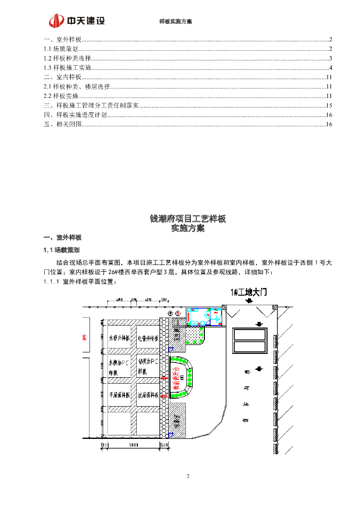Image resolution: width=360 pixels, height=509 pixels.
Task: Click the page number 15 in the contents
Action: click(x=329, y=105)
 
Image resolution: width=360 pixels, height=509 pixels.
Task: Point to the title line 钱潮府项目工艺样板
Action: click(x=187, y=219)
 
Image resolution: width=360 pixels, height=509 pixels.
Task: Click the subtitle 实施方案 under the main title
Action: click(x=187, y=229)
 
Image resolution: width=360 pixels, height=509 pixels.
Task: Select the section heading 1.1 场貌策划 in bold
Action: click(x=62, y=250)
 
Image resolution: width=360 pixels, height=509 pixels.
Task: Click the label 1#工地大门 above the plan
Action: click(x=249, y=293)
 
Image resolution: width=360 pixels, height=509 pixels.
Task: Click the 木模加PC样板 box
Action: click(x=119, y=367)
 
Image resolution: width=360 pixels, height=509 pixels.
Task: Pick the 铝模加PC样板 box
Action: click(x=148, y=367)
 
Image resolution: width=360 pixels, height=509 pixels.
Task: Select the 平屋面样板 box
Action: click(x=119, y=396)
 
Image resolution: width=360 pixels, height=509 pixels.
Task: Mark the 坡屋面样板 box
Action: click(x=148, y=396)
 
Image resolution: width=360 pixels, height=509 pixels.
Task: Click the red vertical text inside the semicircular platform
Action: click(x=176, y=377)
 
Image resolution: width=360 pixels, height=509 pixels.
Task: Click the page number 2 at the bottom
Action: click(x=188, y=477)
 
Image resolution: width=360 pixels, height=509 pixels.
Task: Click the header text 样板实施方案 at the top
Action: click(x=175, y=22)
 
